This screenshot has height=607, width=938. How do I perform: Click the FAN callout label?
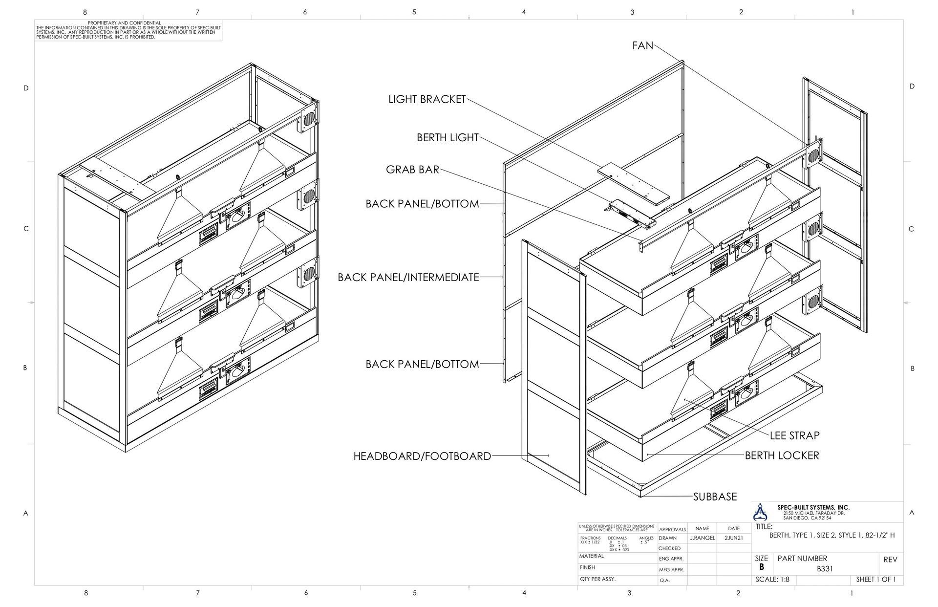click(642, 45)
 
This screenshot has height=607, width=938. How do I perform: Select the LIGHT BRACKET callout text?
click(427, 99)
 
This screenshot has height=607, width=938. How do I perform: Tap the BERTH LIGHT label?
click(448, 138)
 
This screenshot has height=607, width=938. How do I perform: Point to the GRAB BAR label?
click(412, 170)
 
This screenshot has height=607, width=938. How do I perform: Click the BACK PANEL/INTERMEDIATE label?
click(408, 278)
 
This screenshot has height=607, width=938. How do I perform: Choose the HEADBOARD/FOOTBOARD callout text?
click(422, 456)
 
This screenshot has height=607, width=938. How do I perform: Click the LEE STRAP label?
click(794, 435)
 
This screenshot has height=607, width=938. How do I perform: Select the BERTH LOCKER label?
click(782, 455)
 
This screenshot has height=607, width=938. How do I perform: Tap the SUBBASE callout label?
click(715, 497)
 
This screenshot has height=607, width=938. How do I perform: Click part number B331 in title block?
click(825, 569)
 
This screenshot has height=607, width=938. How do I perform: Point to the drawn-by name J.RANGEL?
click(702, 538)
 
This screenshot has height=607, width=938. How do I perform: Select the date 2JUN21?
click(734, 538)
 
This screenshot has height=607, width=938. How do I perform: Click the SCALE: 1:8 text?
click(772, 580)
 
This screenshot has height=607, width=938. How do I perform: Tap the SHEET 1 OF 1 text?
click(876, 580)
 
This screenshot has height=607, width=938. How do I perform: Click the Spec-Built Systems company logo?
click(760, 512)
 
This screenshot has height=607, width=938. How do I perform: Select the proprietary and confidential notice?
click(128, 30)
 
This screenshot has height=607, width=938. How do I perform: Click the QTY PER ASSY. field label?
click(597, 579)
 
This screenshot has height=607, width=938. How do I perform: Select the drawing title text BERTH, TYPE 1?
click(832, 535)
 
